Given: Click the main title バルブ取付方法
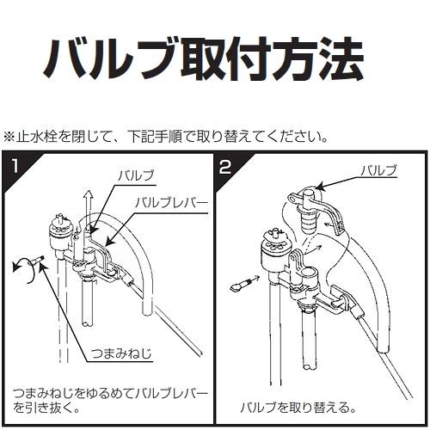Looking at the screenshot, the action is click(203, 58).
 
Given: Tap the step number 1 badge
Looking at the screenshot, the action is click(15, 166).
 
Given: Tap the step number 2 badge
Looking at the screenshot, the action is click(225, 166).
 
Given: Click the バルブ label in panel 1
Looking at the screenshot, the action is click(136, 175).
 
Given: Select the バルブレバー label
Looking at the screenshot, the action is click(171, 203).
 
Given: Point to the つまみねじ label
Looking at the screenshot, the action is click(121, 353).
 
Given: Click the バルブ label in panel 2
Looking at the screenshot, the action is click(378, 170).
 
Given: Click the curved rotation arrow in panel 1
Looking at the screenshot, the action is click(24, 269).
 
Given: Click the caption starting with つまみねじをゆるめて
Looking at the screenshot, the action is click(111, 400).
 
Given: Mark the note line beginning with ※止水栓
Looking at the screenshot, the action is click(166, 138).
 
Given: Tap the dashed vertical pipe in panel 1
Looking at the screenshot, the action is click(64, 310).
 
